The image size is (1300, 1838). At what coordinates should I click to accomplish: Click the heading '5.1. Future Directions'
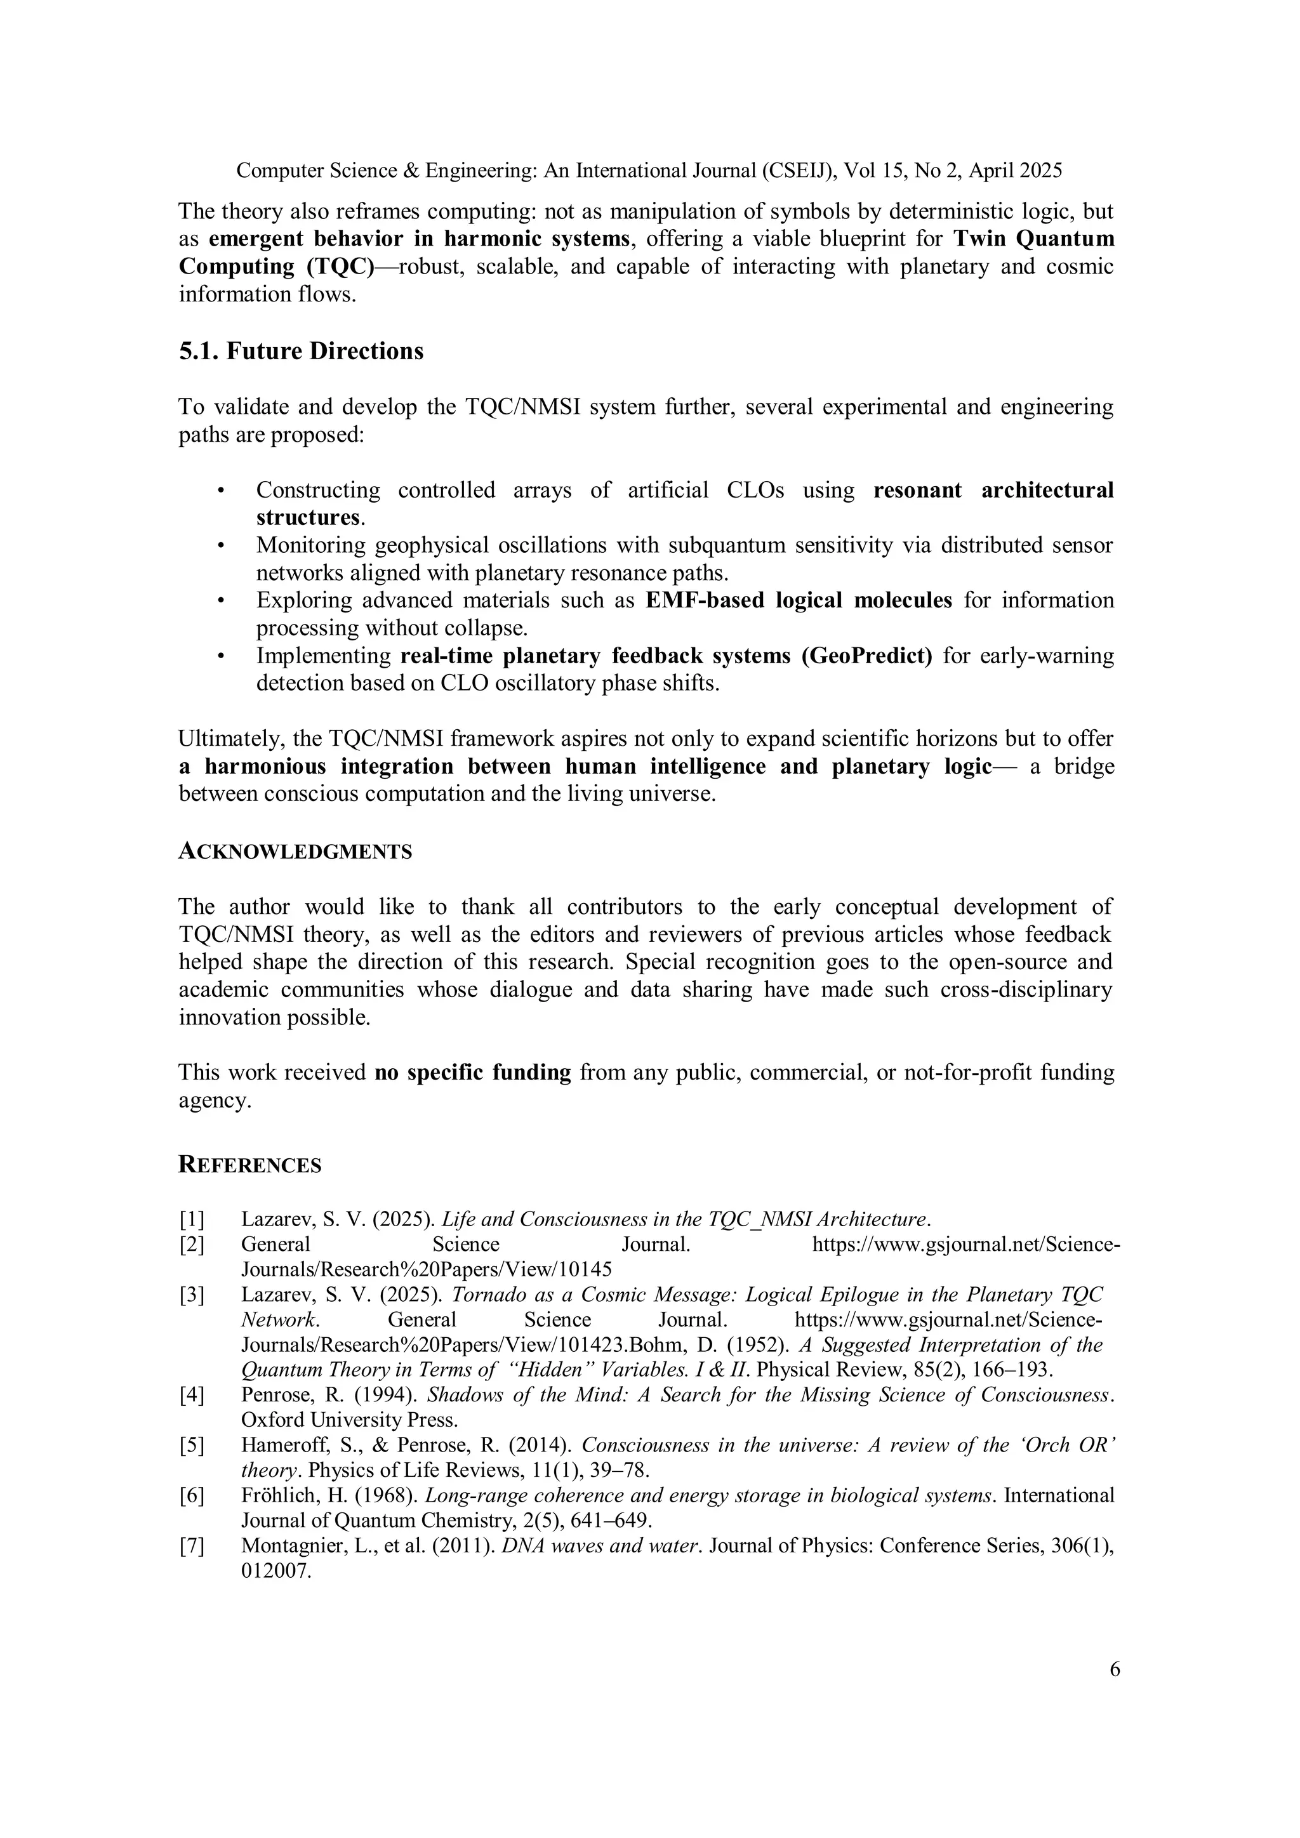pyautogui.click(x=301, y=352)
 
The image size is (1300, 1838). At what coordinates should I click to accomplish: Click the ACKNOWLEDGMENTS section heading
pyautogui.click(x=295, y=852)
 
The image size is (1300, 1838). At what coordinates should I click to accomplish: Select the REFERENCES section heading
pyautogui.click(x=249, y=1165)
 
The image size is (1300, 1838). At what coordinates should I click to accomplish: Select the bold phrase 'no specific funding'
pyautogui.click(x=472, y=1073)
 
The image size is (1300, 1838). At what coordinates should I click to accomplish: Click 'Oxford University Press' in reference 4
pyautogui.click(x=348, y=1420)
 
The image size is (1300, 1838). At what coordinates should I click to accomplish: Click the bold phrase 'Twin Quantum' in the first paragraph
pyautogui.click(x=1033, y=239)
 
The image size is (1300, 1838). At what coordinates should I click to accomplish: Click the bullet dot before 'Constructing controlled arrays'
pyautogui.click(x=220, y=491)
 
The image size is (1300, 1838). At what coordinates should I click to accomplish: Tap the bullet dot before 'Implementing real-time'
pyautogui.click(x=220, y=656)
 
